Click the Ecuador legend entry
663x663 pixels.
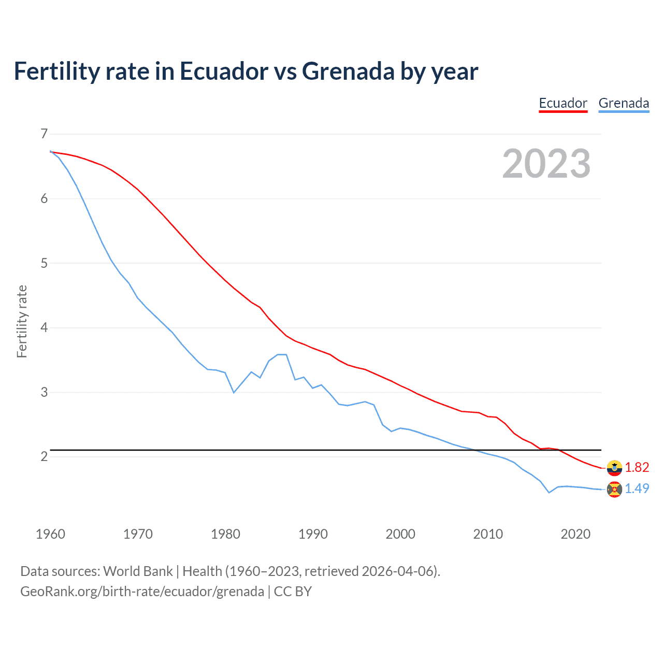(563, 103)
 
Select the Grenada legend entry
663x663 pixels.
(624, 103)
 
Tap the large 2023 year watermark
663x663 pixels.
(546, 164)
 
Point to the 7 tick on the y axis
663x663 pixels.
(44, 134)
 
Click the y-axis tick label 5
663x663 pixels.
(44, 263)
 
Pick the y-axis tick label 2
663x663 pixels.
(44, 456)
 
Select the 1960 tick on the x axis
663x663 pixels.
(50, 534)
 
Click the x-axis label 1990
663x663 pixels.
(313, 534)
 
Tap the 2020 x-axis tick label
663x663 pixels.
(575, 534)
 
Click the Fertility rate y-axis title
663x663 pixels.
(22, 321)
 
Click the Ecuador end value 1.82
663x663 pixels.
(637, 467)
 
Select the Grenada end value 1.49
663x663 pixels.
(637, 488)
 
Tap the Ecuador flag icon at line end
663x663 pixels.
(614, 468)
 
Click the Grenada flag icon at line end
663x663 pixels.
(614, 489)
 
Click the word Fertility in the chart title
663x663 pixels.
(56, 71)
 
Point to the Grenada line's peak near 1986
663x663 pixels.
(282, 354)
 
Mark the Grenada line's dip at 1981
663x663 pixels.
(234, 393)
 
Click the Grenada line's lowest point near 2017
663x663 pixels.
(549, 493)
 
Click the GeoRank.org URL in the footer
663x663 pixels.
(142, 592)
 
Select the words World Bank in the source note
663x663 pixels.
(138, 571)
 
